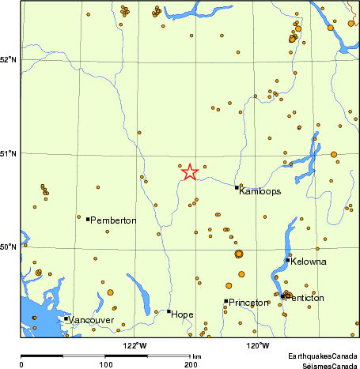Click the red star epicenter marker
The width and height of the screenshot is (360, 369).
click(x=190, y=171)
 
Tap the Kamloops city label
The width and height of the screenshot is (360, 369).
click(x=260, y=191)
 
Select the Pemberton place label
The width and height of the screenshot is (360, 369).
click(x=114, y=220)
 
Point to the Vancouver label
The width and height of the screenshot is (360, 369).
click(x=92, y=320)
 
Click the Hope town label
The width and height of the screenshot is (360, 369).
click(x=182, y=314)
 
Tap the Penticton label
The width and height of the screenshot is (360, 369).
click(x=305, y=298)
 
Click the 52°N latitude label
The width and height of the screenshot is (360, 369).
click(x=9, y=59)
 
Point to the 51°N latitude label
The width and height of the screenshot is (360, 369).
click(x=9, y=153)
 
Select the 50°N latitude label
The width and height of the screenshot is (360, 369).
click(x=9, y=247)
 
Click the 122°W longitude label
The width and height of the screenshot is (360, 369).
click(x=135, y=345)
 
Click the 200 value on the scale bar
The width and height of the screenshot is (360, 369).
click(x=191, y=364)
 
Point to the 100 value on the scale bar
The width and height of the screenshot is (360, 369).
click(x=106, y=364)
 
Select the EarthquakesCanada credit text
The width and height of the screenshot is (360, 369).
click(x=324, y=357)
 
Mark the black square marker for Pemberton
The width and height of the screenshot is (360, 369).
click(x=88, y=219)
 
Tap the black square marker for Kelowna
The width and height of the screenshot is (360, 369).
click(x=287, y=260)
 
